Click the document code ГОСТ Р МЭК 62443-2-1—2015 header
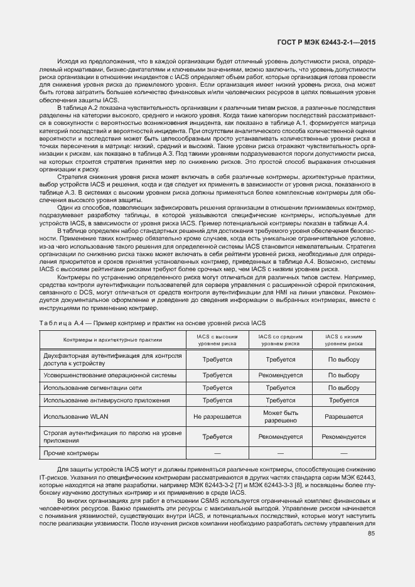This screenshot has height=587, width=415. [331, 41]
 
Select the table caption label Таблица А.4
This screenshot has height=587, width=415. [60, 322]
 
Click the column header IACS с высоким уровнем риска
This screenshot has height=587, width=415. [217, 340]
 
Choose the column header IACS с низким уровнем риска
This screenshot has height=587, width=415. [344, 340]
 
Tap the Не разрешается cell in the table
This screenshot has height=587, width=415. [217, 416]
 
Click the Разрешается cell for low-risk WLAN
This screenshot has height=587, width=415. [344, 416]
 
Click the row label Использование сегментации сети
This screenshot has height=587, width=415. [99, 388]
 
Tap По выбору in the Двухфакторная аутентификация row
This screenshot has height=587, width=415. [344, 360]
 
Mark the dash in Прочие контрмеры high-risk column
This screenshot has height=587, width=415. [217, 452]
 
